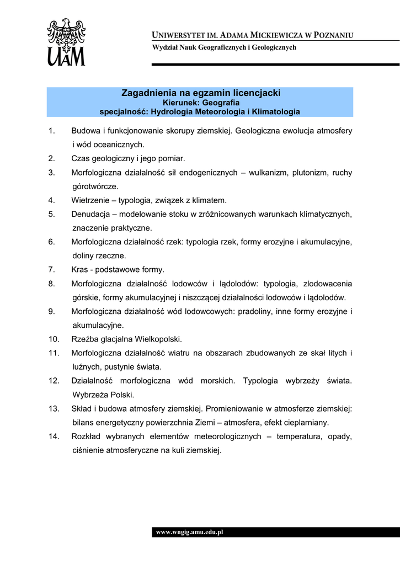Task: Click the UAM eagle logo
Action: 66,42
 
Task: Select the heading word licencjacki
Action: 254,93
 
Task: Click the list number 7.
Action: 51,270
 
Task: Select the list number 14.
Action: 54,436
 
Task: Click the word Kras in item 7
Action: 80,270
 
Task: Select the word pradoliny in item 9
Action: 254,311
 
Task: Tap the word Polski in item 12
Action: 122,395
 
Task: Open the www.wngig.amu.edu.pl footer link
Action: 189,532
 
